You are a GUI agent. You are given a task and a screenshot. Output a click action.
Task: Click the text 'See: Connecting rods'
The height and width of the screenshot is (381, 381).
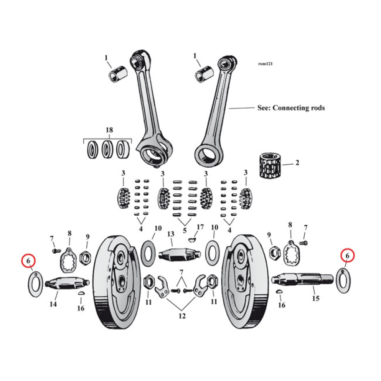point(291,108)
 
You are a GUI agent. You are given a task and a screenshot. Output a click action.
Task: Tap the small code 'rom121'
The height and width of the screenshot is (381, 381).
point(266,63)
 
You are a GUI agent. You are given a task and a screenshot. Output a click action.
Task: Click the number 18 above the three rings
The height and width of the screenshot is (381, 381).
point(109,130)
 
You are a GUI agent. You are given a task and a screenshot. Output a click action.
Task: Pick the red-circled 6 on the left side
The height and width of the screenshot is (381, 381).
point(29,261)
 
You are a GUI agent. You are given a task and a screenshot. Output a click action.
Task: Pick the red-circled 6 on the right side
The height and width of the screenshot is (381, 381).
point(348,256)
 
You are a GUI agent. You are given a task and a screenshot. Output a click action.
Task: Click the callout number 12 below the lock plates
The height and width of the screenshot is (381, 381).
point(181,315)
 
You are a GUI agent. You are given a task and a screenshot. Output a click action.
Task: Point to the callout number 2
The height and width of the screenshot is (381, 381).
point(297,163)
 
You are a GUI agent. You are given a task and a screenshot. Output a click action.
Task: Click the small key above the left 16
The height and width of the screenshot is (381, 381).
point(81,294)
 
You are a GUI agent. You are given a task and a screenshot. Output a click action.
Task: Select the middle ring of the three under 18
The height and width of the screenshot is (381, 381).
point(108,150)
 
